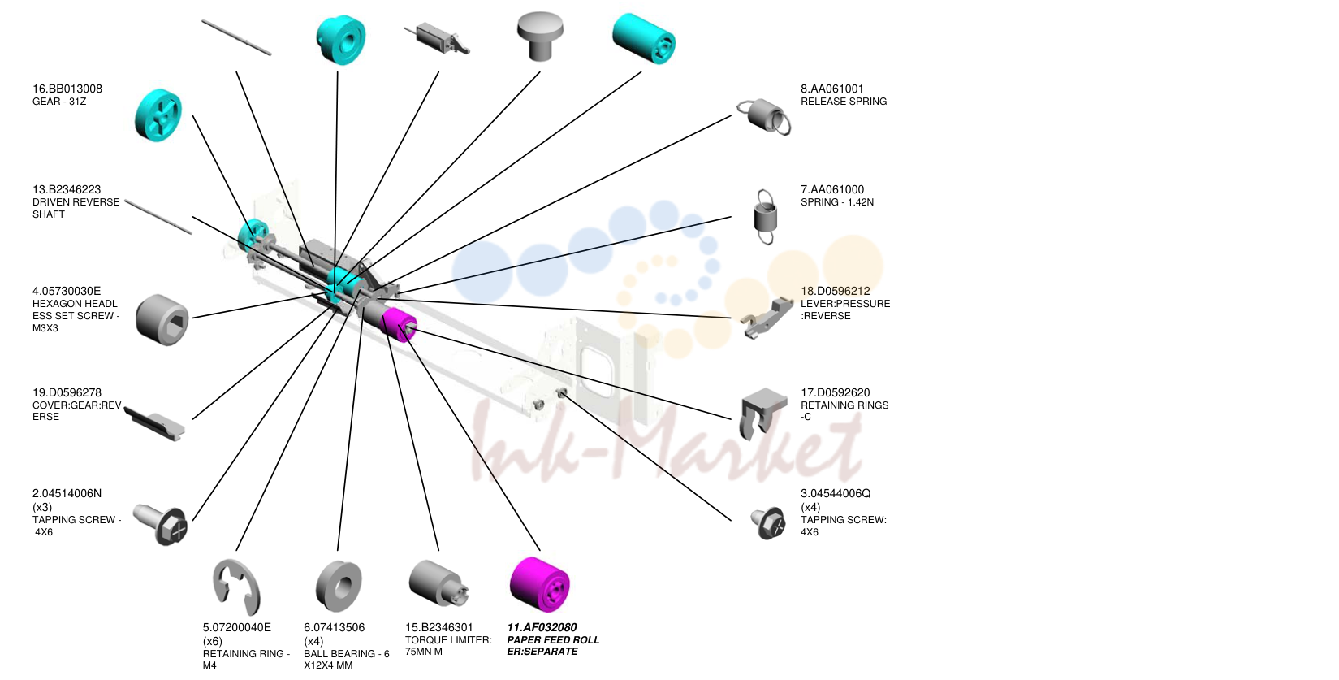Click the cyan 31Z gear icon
tap(158, 115)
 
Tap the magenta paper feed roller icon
tap(540, 584)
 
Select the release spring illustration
tap(764, 116)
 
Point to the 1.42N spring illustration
tap(766, 216)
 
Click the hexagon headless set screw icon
tap(162, 319)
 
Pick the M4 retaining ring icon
tap(236, 587)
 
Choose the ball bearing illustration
tap(339, 586)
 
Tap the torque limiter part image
tap(438, 583)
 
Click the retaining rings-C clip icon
tap(762, 414)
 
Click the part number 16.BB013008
tap(67, 89)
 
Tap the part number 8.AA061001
tap(832, 89)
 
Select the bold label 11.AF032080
tap(542, 627)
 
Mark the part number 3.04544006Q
tap(835, 493)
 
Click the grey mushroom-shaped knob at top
tap(540, 36)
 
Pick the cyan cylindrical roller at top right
tap(644, 38)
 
